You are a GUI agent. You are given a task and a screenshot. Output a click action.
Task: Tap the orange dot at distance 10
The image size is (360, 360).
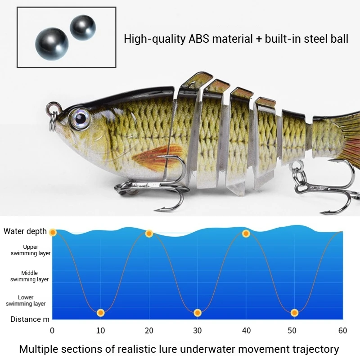(101, 312)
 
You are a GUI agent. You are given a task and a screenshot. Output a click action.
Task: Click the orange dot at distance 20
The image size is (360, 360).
(149, 234)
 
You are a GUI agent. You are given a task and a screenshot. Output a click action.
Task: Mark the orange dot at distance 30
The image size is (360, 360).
(197, 312)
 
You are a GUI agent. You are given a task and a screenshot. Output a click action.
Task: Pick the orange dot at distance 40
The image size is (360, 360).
(246, 234)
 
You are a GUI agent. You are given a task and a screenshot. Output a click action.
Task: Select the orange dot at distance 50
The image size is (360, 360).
(294, 312)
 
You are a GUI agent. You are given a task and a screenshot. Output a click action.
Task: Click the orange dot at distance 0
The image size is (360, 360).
(53, 232)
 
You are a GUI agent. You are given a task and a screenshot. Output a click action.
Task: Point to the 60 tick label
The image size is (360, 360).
(342, 330)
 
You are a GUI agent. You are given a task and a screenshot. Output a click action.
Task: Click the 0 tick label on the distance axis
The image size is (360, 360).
(53, 330)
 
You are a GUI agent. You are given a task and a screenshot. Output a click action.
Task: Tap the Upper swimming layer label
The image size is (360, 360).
(31, 250)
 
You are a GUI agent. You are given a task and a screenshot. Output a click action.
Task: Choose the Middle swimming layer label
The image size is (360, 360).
(30, 276)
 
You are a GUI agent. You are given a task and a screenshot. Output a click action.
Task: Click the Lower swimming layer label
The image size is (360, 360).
(26, 301)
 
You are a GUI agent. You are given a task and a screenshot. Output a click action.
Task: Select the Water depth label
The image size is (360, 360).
(25, 231)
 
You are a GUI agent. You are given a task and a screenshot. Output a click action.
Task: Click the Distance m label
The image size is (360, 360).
(30, 319)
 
